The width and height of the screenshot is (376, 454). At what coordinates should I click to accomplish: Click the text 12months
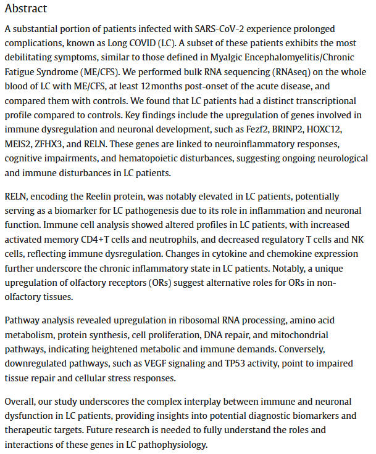coord(192,86)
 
